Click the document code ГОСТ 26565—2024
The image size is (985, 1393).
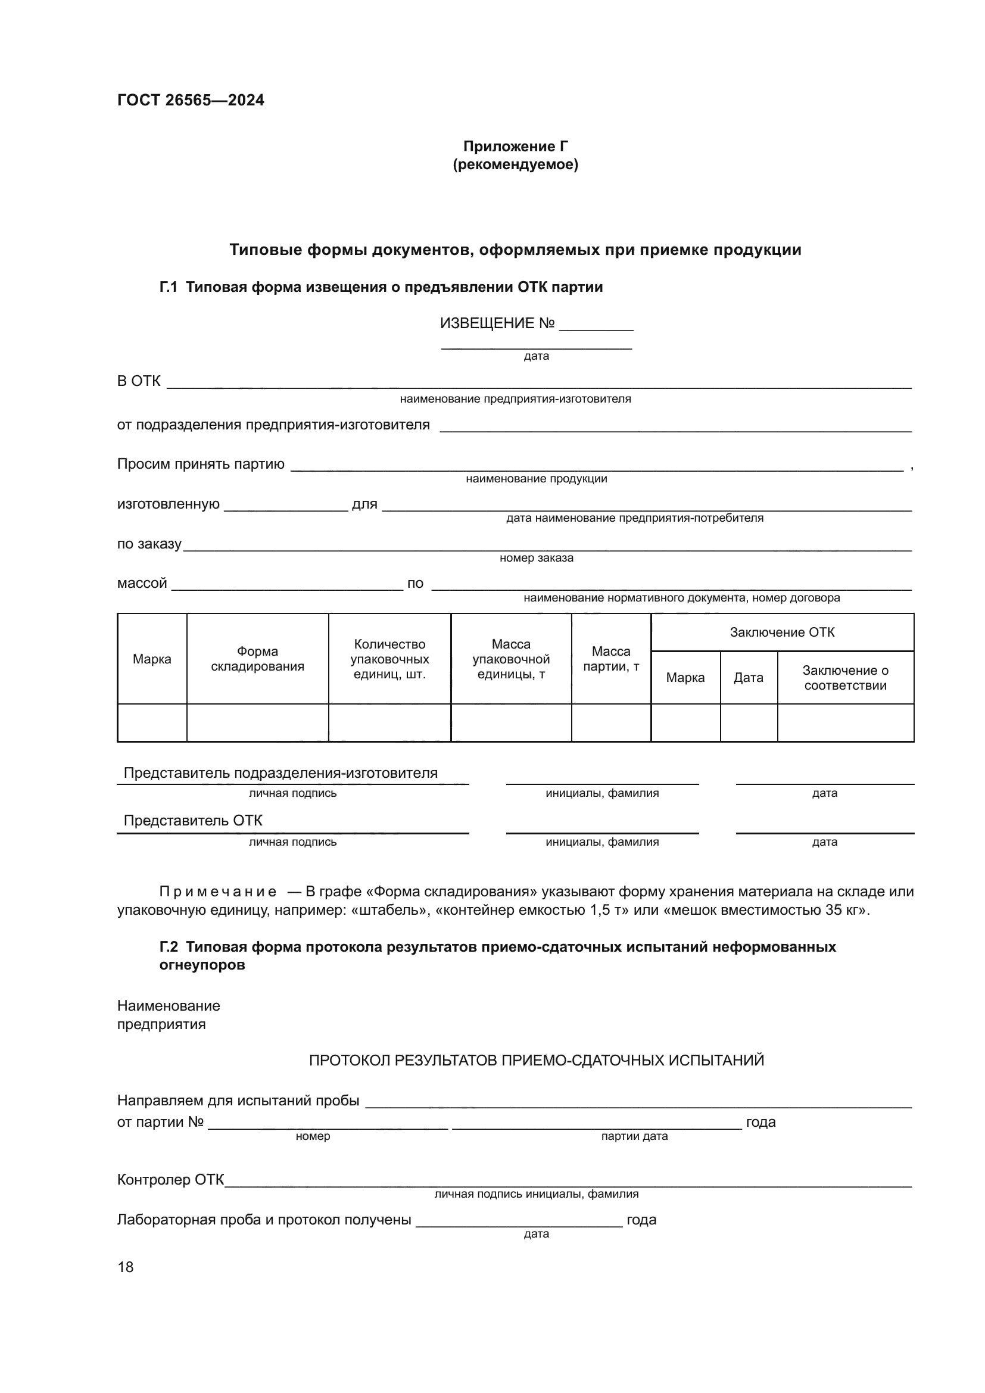(x=191, y=100)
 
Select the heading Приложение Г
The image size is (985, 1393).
(x=515, y=147)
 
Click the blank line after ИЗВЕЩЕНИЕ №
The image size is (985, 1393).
(x=596, y=326)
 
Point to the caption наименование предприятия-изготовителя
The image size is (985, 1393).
(x=515, y=399)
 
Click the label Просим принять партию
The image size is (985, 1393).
(x=200, y=464)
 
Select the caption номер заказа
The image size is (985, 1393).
(x=536, y=557)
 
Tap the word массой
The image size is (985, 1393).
(x=142, y=583)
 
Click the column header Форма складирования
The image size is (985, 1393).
(x=257, y=659)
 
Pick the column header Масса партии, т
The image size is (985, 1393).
(x=611, y=659)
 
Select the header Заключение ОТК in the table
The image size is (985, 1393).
(x=782, y=632)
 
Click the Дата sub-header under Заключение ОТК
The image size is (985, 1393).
(x=748, y=678)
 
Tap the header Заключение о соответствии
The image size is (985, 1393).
(x=845, y=678)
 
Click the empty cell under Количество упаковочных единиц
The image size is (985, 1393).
(x=389, y=722)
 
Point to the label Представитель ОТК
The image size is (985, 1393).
(x=193, y=820)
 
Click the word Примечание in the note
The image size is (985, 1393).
(x=218, y=892)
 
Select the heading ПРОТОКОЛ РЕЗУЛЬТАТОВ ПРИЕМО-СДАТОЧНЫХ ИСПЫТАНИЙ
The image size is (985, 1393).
(x=536, y=1061)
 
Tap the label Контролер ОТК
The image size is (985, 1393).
(x=170, y=1180)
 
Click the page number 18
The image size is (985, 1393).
(x=126, y=1267)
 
